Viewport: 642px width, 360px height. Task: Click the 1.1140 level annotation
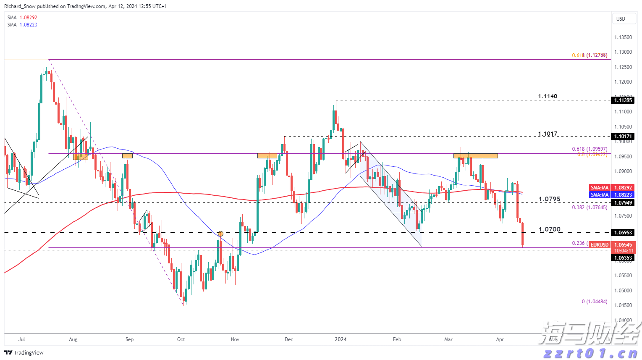[x=548, y=97]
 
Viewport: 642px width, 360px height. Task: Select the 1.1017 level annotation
[x=548, y=134]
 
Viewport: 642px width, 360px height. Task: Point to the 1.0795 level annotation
[x=549, y=199]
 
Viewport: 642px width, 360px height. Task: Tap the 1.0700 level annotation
[x=549, y=229]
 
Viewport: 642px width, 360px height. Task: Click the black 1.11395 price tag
[x=623, y=100]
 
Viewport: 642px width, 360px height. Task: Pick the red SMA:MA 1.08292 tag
[x=600, y=188]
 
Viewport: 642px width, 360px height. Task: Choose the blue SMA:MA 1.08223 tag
[x=600, y=195]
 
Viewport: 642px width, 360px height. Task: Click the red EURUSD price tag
[x=599, y=245]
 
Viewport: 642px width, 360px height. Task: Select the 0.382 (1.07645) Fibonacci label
[x=590, y=208]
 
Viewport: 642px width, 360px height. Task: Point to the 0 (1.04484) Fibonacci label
[x=594, y=302]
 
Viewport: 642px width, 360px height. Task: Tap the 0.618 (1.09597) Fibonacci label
[x=590, y=149]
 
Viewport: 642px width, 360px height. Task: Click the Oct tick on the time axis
[x=181, y=339]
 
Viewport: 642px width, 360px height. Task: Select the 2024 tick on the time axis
[x=341, y=339]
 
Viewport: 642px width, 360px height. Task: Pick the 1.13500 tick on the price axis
[x=623, y=37]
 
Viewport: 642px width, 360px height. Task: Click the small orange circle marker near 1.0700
[x=221, y=234]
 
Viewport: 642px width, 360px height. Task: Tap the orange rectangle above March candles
[x=475, y=156]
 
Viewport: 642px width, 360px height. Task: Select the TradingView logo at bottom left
[x=24, y=352]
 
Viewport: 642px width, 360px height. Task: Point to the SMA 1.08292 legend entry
[x=22, y=18]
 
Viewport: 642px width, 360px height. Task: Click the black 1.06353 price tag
[x=623, y=258]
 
